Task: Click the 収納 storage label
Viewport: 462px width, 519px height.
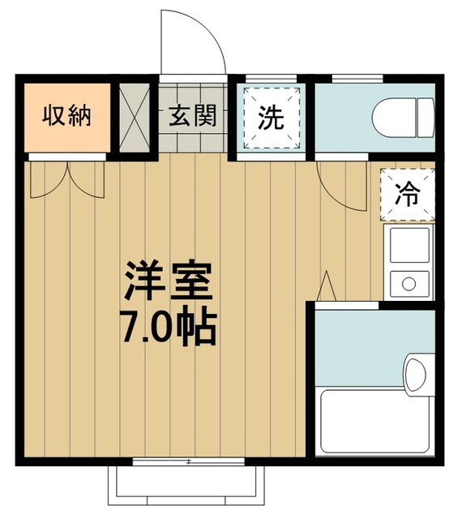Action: pos(66,116)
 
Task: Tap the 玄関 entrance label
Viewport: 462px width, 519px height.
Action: pos(192,116)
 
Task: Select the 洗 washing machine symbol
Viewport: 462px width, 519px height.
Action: pos(271,118)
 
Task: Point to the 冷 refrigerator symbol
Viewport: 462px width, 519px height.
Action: pos(407,194)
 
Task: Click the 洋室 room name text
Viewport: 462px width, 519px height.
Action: pos(169,280)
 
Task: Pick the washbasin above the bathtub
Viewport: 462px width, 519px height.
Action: pos(415,374)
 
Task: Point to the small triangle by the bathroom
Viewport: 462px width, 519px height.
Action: pos(328,286)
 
